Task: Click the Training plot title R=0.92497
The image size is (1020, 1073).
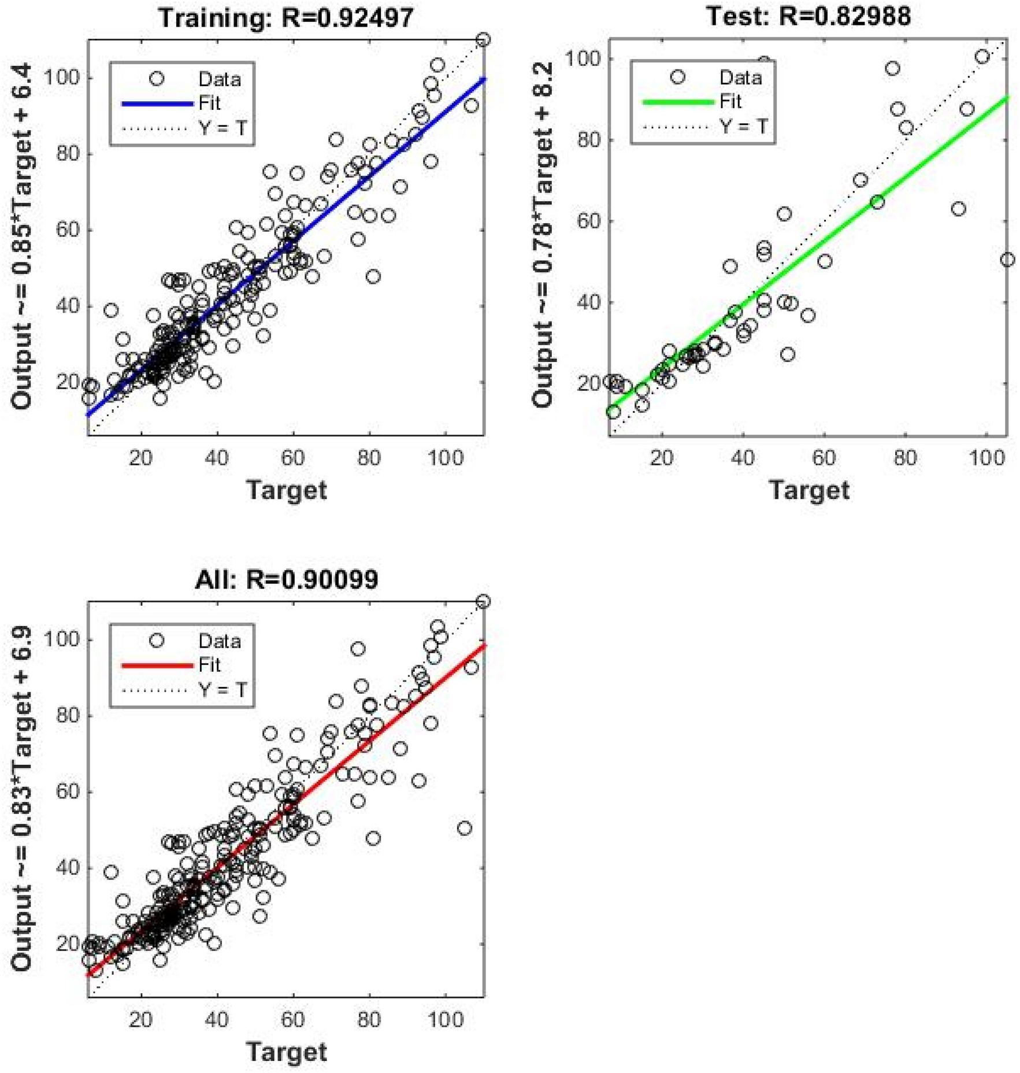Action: click(x=286, y=17)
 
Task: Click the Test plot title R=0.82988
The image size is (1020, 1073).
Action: click(x=808, y=16)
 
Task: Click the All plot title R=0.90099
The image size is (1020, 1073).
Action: click(x=286, y=579)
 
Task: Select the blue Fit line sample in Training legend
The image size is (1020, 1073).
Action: click(x=157, y=104)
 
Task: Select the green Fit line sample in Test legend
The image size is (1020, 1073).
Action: click(x=678, y=102)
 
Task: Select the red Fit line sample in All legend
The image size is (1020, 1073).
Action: click(x=157, y=665)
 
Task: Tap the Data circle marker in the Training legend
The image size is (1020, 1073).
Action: click(x=157, y=79)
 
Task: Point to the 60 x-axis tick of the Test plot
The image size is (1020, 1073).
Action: click(x=824, y=458)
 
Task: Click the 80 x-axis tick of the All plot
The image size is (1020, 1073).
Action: click(x=369, y=1019)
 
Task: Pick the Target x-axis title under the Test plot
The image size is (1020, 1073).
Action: click(x=808, y=491)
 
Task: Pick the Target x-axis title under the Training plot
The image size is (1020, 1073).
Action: click(x=286, y=491)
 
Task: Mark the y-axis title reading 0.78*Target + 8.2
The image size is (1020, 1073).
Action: click(x=543, y=234)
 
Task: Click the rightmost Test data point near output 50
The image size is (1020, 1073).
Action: click(x=1007, y=260)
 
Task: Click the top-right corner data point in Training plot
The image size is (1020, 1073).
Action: click(x=483, y=40)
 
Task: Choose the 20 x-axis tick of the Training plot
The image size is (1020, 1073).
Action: click(x=140, y=458)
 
